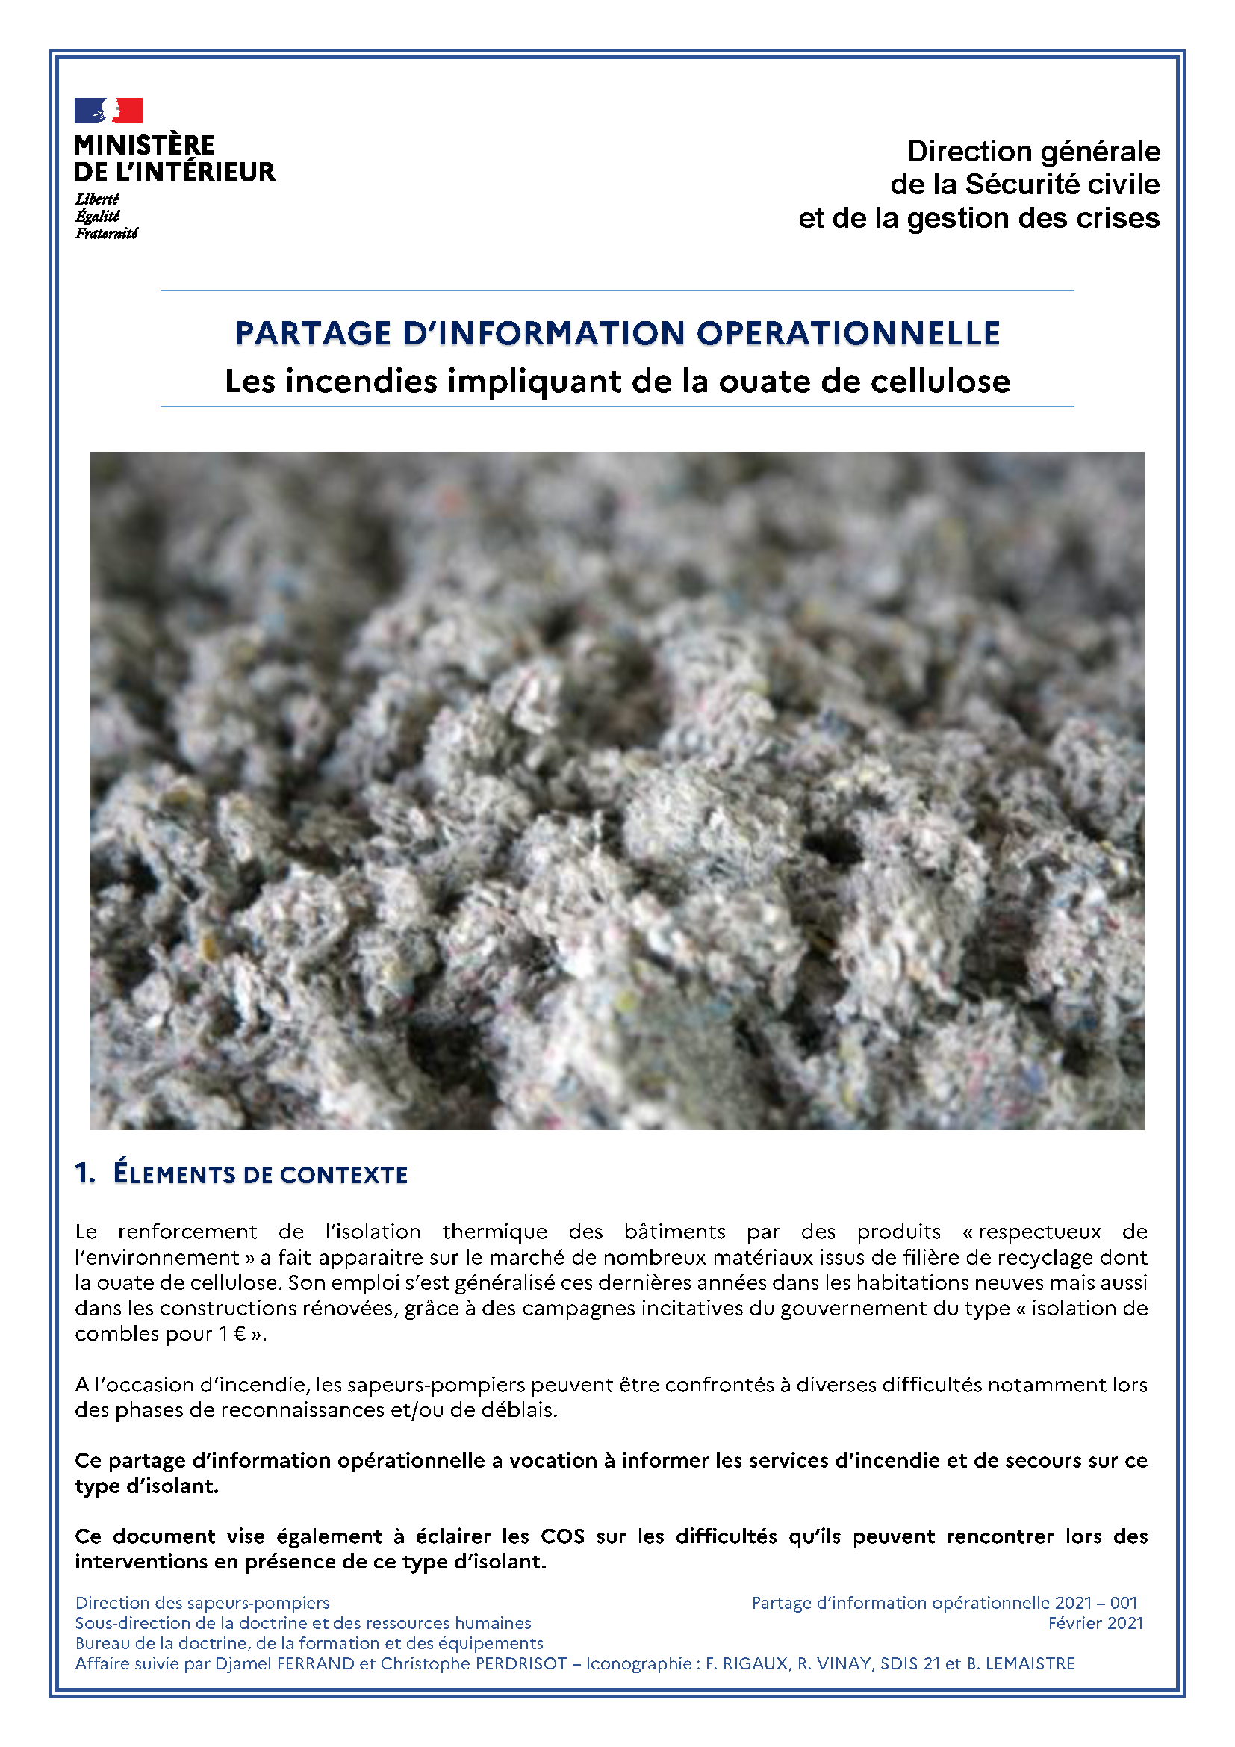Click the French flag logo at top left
[108, 111]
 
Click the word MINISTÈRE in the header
[145, 146]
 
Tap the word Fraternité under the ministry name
[106, 234]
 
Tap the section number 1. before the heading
[85, 1173]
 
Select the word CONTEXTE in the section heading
[343, 1175]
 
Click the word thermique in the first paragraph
[495, 1232]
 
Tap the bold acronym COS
[562, 1536]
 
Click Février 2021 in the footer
[1095, 1623]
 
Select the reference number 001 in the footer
[1123, 1602]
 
